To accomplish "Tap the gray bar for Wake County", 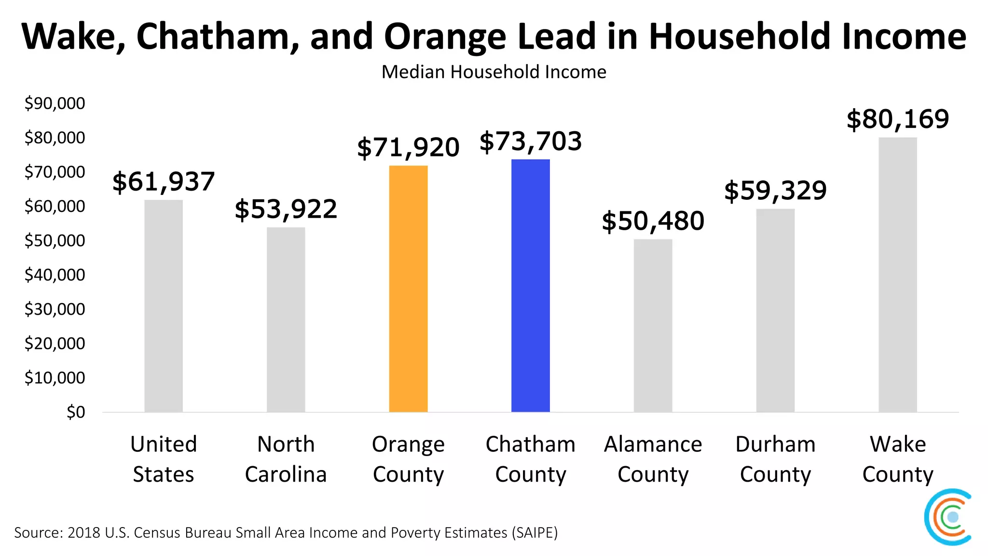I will pyautogui.click(x=897, y=275).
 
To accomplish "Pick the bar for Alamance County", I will pyautogui.click(x=653, y=326).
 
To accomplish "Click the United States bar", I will pyautogui.click(x=164, y=306).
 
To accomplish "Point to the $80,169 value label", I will pyautogui.click(x=898, y=119).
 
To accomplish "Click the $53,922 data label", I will pyautogui.click(x=286, y=209).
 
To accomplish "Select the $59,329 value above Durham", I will pyautogui.click(x=775, y=191).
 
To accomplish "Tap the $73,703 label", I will pyautogui.click(x=530, y=141).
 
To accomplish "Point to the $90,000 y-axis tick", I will pyautogui.click(x=55, y=103).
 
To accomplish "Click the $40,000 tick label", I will pyautogui.click(x=55, y=275).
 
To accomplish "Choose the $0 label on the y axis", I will pyautogui.click(x=75, y=412).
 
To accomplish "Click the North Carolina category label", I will pyautogui.click(x=286, y=459).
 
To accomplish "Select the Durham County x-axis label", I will pyautogui.click(x=775, y=459).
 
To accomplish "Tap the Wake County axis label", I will pyautogui.click(x=897, y=459).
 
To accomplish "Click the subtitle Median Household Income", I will pyautogui.click(x=494, y=72).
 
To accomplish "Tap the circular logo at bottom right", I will pyautogui.click(x=948, y=517).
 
